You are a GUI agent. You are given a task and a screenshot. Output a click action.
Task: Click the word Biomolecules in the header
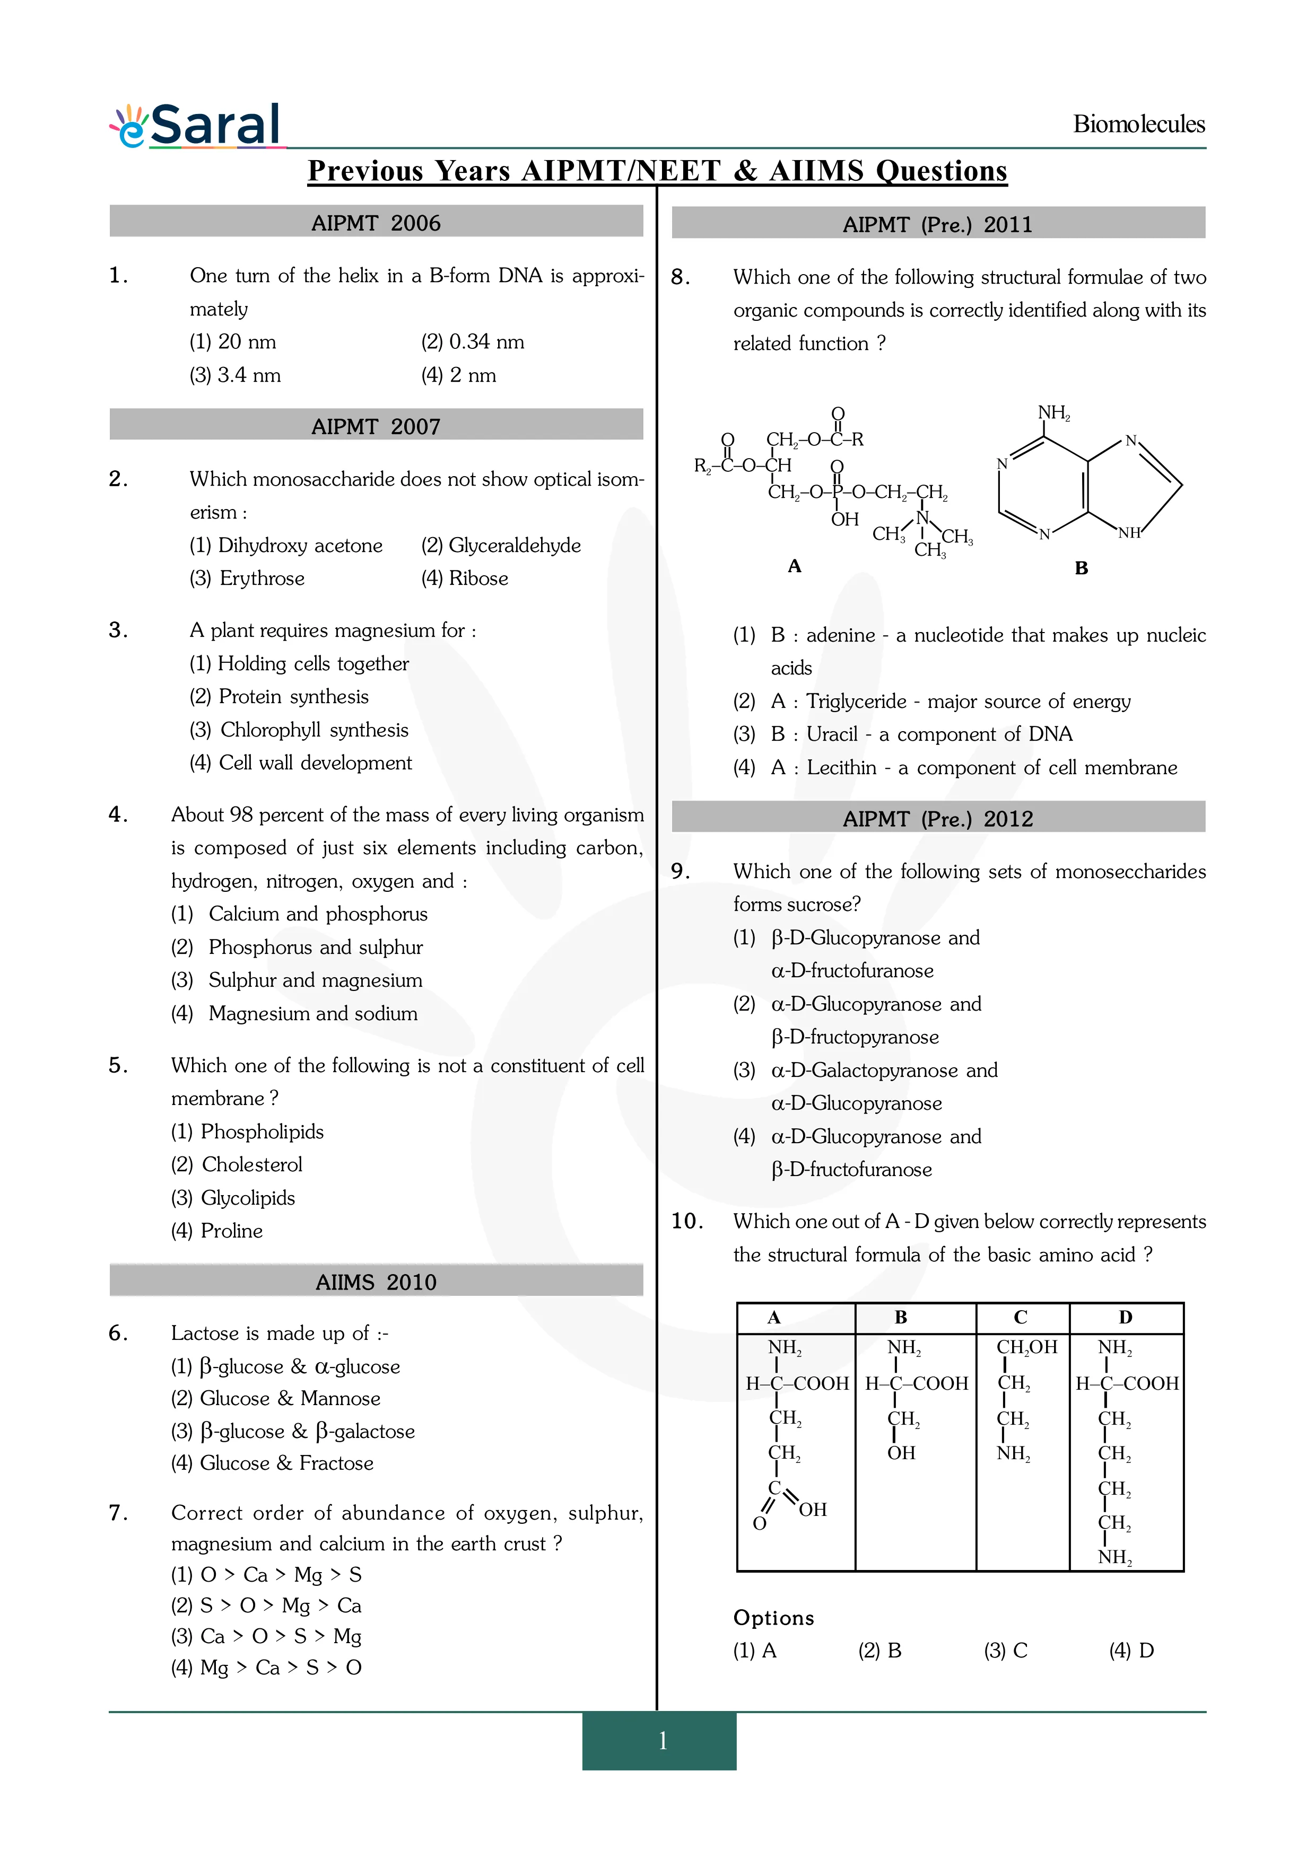(1138, 124)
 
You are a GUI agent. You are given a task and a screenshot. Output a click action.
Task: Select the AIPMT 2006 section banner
(376, 223)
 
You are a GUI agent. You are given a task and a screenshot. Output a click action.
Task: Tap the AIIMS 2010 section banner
(376, 1282)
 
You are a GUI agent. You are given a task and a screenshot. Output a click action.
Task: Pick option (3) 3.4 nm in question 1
(235, 375)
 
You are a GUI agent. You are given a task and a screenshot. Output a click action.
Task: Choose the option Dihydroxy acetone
(286, 545)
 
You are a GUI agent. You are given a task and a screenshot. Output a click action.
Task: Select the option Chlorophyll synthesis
(299, 730)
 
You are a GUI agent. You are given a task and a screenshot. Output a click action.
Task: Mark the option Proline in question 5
(217, 1231)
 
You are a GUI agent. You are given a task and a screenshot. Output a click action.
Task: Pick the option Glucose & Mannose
(275, 1398)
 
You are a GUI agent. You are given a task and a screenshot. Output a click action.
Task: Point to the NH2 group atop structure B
(1053, 413)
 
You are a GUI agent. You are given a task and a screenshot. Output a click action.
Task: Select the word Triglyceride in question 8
(856, 701)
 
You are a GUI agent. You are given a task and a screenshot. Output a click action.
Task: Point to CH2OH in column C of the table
(1026, 1346)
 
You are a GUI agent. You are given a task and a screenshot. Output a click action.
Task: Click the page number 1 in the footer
(662, 1740)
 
